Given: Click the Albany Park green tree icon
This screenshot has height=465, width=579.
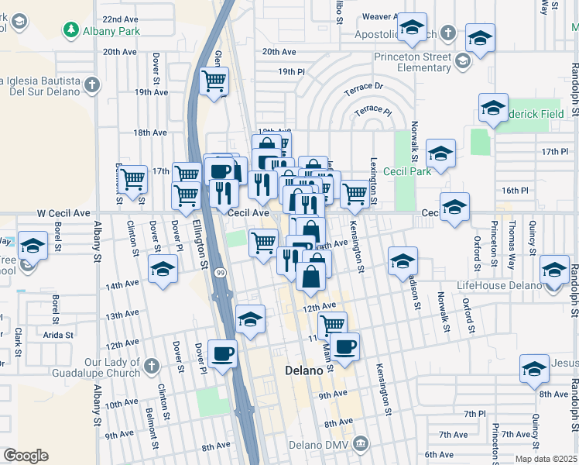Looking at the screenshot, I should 71,29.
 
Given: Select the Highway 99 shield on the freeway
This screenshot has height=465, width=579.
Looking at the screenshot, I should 221,274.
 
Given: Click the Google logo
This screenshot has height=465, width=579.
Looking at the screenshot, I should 26,456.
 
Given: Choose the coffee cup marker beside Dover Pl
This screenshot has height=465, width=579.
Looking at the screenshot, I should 224,353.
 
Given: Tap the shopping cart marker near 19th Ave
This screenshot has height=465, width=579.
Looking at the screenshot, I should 214,80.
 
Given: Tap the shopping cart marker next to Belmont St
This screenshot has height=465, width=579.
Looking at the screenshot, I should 132,178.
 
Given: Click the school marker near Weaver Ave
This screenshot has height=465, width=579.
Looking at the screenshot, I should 413,27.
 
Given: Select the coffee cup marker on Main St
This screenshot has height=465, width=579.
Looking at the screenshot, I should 343,345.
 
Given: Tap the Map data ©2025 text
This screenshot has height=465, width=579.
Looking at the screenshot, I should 546,458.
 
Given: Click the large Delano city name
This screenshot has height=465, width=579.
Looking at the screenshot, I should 303,370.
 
